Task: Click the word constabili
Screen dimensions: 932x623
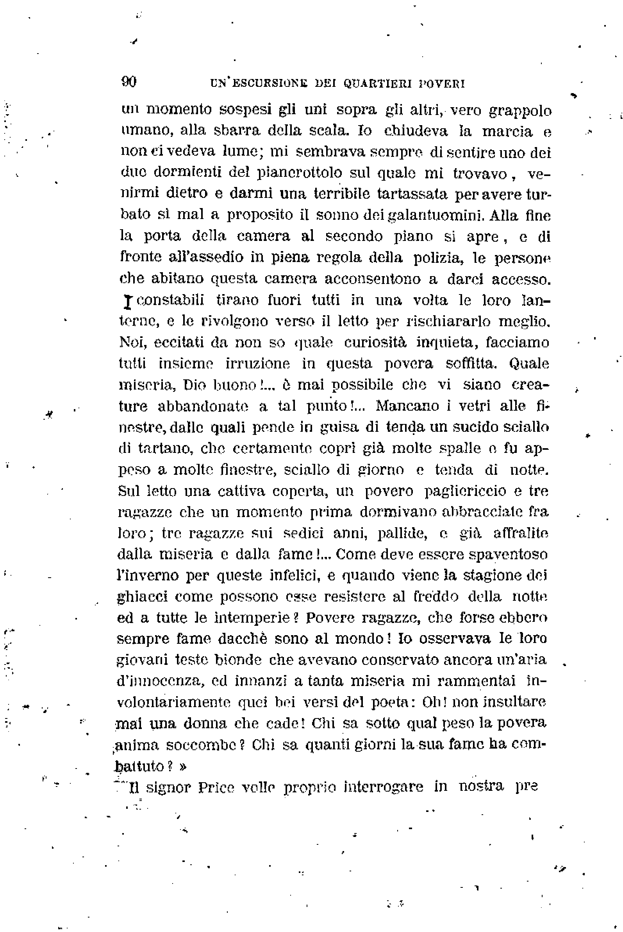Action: [170, 300]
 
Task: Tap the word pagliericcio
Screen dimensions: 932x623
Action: [465, 491]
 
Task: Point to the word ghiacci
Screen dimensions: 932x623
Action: [142, 597]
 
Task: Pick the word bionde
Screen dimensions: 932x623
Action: [238, 660]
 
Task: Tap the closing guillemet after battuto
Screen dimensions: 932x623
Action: [182, 767]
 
